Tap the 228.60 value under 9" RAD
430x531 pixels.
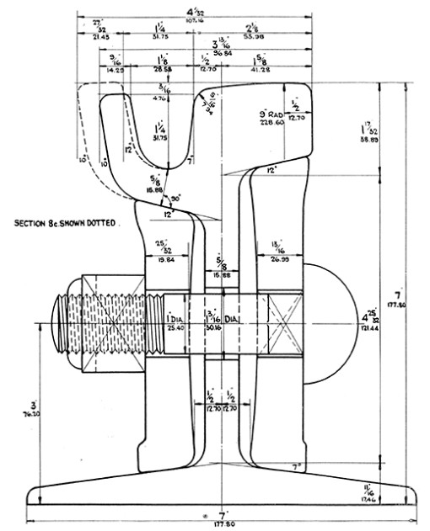(x=272, y=121)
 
